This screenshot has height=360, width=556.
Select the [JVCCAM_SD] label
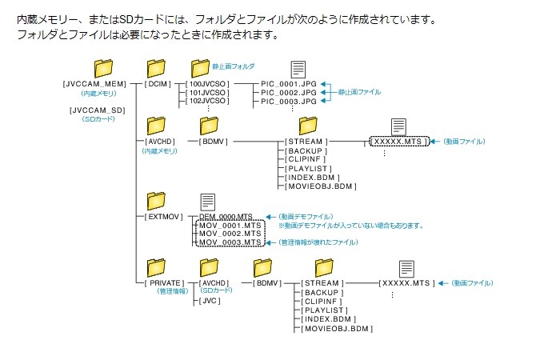click(x=98, y=110)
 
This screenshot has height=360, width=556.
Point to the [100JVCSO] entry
click(x=207, y=83)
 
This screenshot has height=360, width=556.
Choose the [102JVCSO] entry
click(x=207, y=102)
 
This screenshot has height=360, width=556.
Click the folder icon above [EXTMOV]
click(x=157, y=200)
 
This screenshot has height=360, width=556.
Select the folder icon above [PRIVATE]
click(x=157, y=266)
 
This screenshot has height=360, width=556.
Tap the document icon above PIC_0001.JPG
click(x=298, y=70)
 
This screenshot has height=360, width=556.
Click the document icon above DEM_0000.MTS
click(x=208, y=202)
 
